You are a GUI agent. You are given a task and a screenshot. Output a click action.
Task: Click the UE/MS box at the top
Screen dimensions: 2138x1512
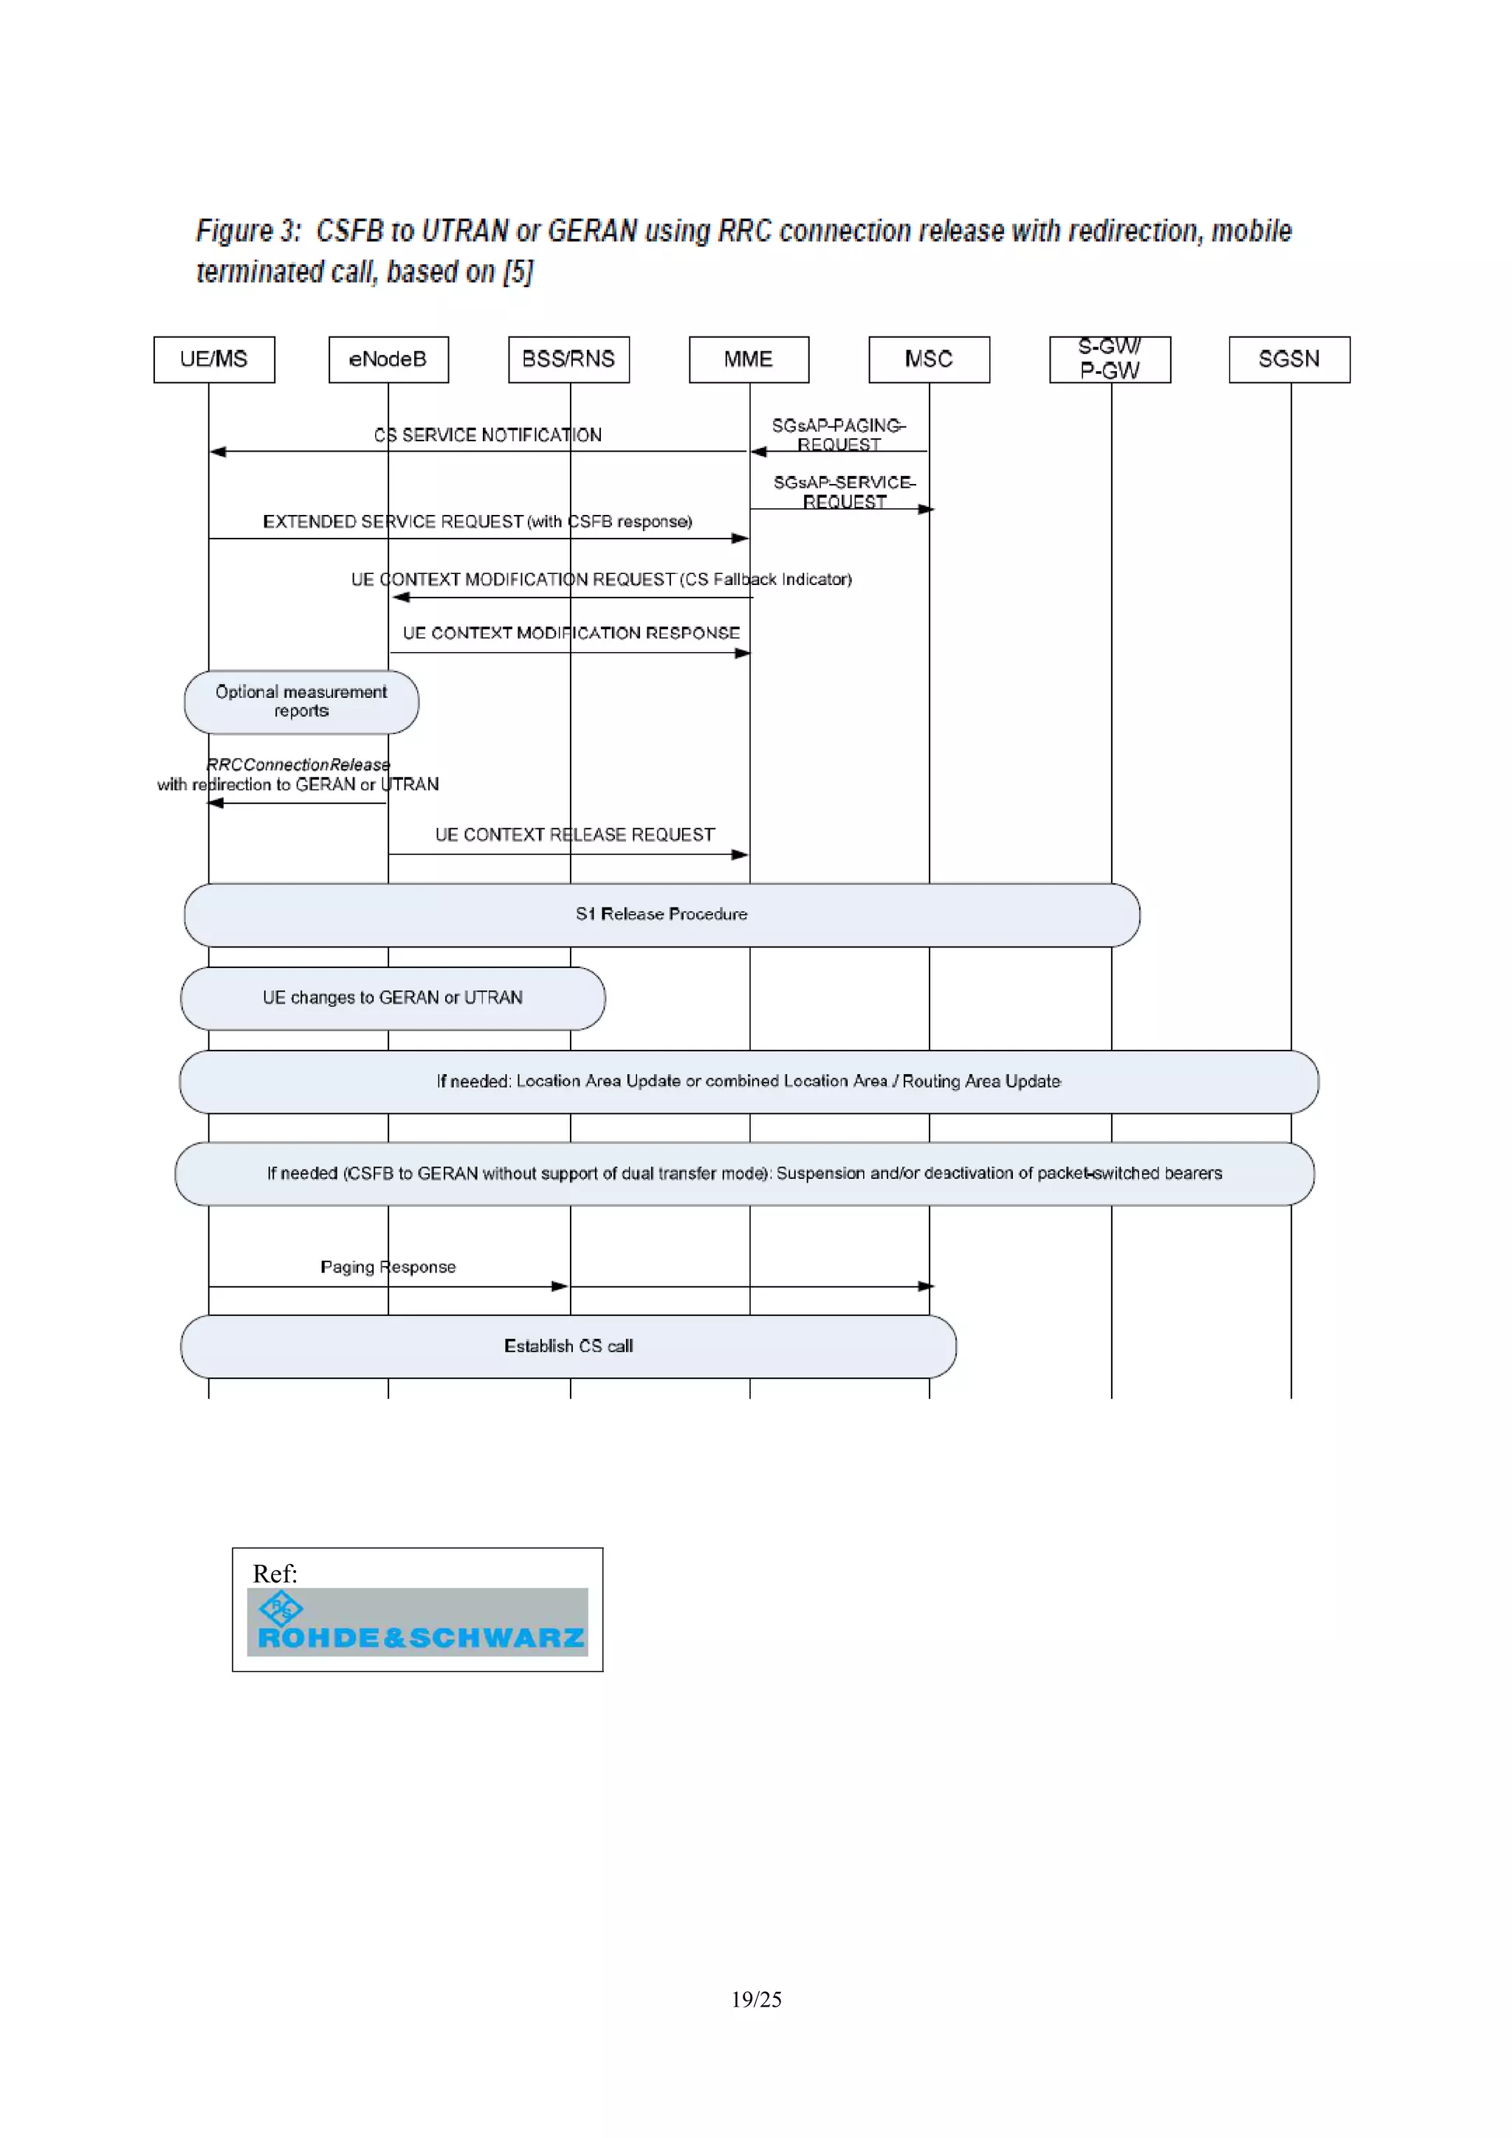click(x=213, y=359)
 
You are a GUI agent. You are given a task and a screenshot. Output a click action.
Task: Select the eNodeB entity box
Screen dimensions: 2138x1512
click(x=388, y=359)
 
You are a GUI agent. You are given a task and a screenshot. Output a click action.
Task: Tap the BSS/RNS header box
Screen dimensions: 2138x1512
click(x=568, y=359)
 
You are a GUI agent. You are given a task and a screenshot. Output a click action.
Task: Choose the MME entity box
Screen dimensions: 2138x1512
click(x=748, y=359)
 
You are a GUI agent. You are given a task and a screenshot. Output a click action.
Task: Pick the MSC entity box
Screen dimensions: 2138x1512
click(x=928, y=359)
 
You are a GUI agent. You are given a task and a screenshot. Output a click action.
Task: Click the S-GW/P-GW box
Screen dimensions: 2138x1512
click(x=1109, y=359)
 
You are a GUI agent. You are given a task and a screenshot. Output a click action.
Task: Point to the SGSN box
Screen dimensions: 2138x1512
click(x=1288, y=359)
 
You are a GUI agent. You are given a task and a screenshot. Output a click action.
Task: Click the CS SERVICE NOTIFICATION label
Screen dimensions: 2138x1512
click(x=487, y=435)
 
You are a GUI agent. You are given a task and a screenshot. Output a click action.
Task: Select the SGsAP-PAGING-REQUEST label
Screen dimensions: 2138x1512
click(x=839, y=434)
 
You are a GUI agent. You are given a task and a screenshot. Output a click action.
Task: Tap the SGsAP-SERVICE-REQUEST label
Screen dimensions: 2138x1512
click(x=844, y=491)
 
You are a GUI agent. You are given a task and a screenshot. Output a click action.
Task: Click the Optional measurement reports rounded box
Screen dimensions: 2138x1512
click(x=301, y=701)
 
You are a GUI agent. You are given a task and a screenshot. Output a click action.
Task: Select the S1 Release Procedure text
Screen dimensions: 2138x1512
click(x=661, y=913)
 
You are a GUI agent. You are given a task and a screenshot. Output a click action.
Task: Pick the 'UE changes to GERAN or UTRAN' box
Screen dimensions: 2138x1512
click(x=392, y=997)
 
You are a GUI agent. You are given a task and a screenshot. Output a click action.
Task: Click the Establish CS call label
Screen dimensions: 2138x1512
click(x=568, y=1346)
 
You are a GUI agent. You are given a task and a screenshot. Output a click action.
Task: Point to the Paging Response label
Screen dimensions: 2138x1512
click(x=388, y=1267)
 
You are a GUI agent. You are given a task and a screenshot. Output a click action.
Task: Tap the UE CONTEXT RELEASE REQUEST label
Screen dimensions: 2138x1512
click(x=575, y=834)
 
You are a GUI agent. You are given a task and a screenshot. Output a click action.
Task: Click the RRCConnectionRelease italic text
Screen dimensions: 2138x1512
click(x=298, y=764)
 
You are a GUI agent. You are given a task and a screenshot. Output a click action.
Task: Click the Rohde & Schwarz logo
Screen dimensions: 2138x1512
click(x=417, y=1621)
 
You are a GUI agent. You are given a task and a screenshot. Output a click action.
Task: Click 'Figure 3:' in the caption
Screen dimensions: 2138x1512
click(x=249, y=231)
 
